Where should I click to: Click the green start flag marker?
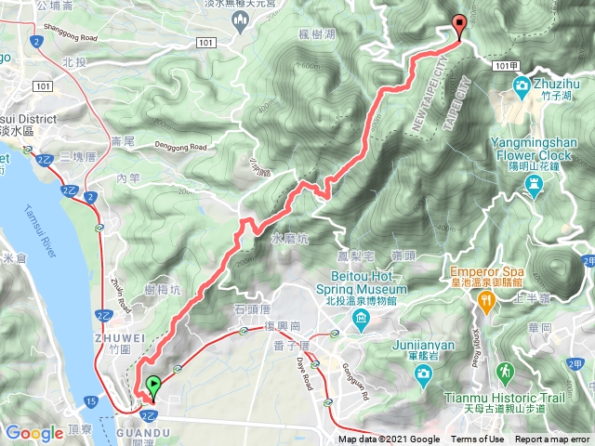click(152, 384)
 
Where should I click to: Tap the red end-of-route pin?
click(458, 26)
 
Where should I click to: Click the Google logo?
click(34, 432)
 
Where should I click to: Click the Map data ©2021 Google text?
click(389, 439)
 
